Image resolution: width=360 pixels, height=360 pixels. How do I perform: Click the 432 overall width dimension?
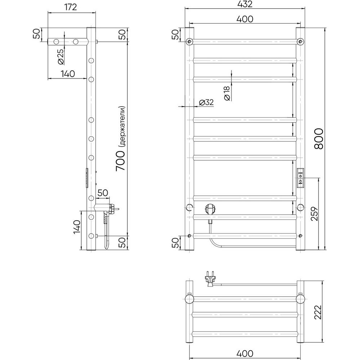245,4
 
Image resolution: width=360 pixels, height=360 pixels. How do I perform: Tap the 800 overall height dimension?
319,139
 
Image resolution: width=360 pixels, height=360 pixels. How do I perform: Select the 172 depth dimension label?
71,7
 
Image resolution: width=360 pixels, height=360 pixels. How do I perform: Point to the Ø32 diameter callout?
206,102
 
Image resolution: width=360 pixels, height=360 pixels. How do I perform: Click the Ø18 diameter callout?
227,93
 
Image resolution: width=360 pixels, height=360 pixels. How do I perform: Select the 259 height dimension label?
315,214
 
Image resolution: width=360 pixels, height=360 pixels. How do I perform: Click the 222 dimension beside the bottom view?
318,312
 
